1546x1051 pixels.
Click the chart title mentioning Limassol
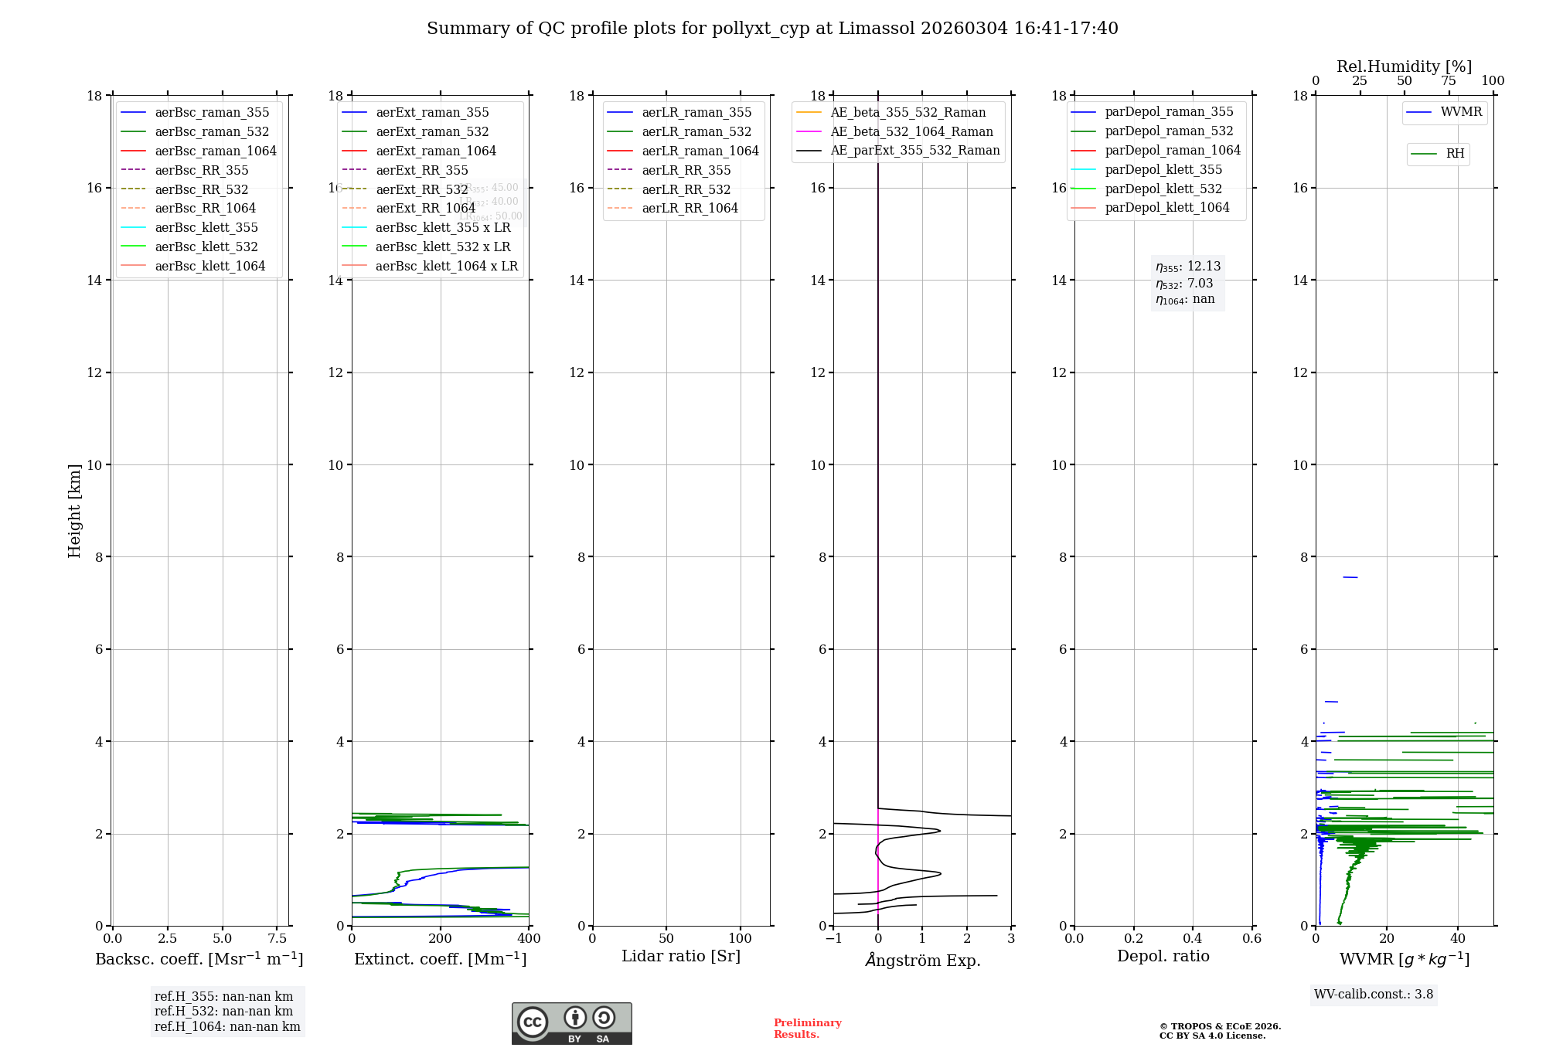tap(772, 29)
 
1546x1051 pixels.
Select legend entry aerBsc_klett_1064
tap(209, 266)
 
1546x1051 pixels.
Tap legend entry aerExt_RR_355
tap(421, 170)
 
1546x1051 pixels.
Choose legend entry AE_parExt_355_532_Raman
tap(914, 150)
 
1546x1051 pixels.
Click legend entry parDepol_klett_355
tap(1163, 169)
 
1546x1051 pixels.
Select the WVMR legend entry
tap(1460, 112)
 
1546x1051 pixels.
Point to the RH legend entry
tap(1455, 154)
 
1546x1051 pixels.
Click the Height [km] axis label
tap(74, 510)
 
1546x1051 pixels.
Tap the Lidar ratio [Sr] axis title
tap(680, 956)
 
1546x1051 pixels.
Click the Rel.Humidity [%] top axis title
tap(1404, 66)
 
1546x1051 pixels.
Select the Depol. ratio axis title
tap(1163, 956)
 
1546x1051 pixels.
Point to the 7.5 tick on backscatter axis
tap(277, 938)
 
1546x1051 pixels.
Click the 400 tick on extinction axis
tap(529, 938)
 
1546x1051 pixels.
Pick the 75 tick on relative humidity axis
tap(1448, 81)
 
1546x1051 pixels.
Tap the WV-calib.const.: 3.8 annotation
tap(1373, 994)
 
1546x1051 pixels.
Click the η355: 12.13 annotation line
tap(1187, 267)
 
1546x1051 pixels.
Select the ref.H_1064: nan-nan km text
tap(227, 1026)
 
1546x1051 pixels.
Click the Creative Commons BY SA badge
tap(571, 1023)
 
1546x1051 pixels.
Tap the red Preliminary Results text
tap(807, 1028)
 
